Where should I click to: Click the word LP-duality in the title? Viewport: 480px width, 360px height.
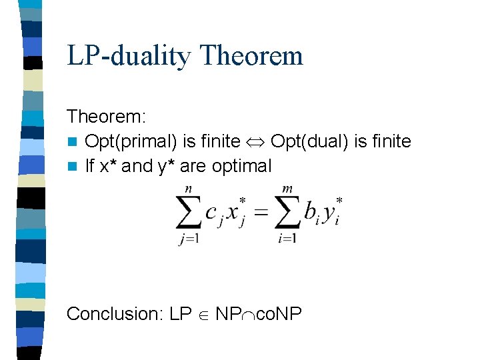point(129,56)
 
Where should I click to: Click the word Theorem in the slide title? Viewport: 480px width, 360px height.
point(251,56)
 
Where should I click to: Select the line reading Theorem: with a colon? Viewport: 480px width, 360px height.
point(107,117)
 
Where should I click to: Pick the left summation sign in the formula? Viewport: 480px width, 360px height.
point(189,213)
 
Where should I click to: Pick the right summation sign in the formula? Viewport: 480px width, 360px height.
point(289,213)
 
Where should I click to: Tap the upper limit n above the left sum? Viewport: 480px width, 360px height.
point(188,189)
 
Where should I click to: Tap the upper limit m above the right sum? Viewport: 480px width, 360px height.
point(289,189)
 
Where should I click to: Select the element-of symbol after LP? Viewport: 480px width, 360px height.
point(204,314)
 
